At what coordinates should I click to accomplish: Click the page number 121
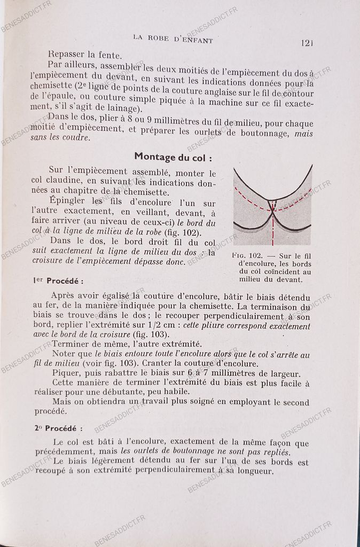coord(309,43)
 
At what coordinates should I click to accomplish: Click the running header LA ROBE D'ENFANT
coord(174,39)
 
